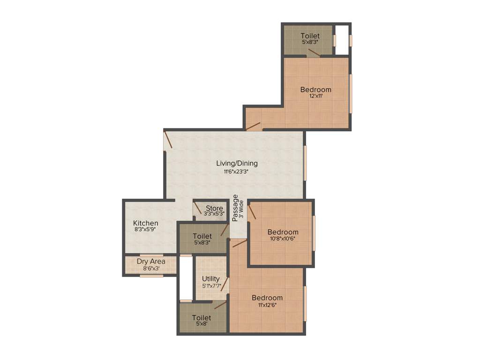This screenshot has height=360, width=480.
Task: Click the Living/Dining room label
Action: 237,163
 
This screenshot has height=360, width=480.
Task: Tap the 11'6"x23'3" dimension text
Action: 237,172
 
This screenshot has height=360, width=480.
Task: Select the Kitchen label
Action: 145,223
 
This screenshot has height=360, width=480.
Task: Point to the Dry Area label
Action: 150,261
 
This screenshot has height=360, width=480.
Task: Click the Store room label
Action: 214,208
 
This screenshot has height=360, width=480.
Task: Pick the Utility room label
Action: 211,279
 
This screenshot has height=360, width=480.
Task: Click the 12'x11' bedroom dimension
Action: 315,96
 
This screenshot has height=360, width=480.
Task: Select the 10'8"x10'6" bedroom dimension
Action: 283,239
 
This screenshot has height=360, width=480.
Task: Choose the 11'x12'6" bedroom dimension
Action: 267,305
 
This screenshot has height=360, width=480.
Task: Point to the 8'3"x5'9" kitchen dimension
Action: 145,230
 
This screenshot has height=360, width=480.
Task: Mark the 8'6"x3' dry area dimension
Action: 150,269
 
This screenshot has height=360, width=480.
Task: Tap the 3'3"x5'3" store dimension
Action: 214,214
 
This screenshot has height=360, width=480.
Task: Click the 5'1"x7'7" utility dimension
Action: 211,285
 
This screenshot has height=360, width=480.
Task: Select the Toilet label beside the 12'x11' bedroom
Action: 310,36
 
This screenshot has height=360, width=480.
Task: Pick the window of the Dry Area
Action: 151,276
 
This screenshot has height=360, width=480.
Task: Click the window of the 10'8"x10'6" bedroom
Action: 314,233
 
